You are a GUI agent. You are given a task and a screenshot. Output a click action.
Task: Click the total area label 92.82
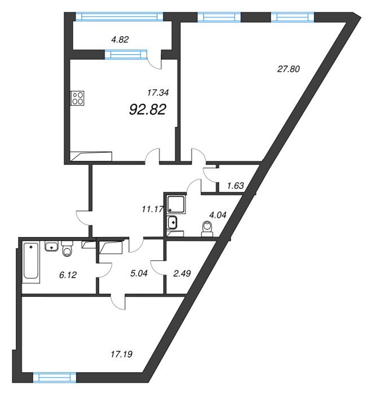tap(148, 109)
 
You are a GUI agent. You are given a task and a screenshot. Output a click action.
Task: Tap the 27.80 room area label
tap(289, 69)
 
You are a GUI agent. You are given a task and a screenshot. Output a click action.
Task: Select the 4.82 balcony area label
tap(120, 39)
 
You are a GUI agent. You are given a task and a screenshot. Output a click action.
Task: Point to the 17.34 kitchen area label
tap(158, 93)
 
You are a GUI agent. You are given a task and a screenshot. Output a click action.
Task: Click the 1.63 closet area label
tap(235, 186)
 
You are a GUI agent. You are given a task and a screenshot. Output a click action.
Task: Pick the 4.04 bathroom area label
tap(218, 215)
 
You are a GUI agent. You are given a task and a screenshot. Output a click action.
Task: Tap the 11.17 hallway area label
tap(153, 209)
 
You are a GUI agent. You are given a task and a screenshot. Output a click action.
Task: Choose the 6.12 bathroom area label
tap(68, 275)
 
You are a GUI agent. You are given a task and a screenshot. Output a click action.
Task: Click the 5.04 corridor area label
tap(139, 273)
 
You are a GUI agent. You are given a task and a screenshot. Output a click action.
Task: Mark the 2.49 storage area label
tap(182, 273)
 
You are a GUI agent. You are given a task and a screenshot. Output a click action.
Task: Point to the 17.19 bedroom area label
tap(122, 354)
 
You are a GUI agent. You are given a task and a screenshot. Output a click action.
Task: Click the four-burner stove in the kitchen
tap(78, 98)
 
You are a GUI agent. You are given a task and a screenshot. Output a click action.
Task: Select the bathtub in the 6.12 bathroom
tap(31, 262)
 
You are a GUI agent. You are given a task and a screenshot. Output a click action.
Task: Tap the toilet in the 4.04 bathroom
tap(207, 229)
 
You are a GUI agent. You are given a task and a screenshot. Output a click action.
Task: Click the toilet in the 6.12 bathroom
tap(67, 249)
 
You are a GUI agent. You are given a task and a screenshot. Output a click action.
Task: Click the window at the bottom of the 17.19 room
tap(55, 378)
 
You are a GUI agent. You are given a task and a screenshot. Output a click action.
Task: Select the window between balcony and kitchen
tap(126, 54)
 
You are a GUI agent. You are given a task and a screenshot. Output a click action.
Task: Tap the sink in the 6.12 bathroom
tap(52, 247)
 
